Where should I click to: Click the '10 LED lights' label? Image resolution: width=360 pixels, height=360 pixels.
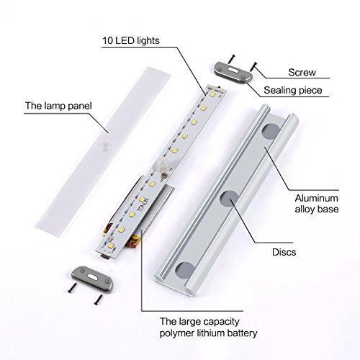coord(131,40)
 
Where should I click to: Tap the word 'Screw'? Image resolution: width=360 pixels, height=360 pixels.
coord(302,72)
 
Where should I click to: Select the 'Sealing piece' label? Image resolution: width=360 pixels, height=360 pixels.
coord(293,90)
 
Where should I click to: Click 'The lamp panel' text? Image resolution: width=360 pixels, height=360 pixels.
coord(58,106)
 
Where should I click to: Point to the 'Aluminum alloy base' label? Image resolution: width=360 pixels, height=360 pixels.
coord(317,204)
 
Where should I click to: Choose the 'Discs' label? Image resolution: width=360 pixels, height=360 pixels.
coord(284,252)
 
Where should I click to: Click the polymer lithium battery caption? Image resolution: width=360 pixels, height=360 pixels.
coord(208,328)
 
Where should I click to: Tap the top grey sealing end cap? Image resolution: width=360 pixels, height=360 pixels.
coord(233,72)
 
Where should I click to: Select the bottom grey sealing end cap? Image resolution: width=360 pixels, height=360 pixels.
coord(92,277)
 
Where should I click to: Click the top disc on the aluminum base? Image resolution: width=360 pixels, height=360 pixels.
coord(271,131)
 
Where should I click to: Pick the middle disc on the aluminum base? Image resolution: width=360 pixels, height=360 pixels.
coord(230,199)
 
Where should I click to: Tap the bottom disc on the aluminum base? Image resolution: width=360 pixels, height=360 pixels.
coord(185,271)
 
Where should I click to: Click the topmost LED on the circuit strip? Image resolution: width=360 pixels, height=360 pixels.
coord(212,94)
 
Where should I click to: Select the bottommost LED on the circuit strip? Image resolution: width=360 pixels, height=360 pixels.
coord(112,246)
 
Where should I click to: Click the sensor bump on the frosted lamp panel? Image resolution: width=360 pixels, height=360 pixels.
coord(105,146)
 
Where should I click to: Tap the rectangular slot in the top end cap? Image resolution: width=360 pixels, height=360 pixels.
coord(233,70)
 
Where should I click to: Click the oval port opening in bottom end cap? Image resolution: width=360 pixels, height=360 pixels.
coord(92,277)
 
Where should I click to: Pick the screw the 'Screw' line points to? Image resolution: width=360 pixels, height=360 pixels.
coord(253,66)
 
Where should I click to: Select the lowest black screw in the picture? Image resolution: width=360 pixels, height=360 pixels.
coord(99,300)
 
